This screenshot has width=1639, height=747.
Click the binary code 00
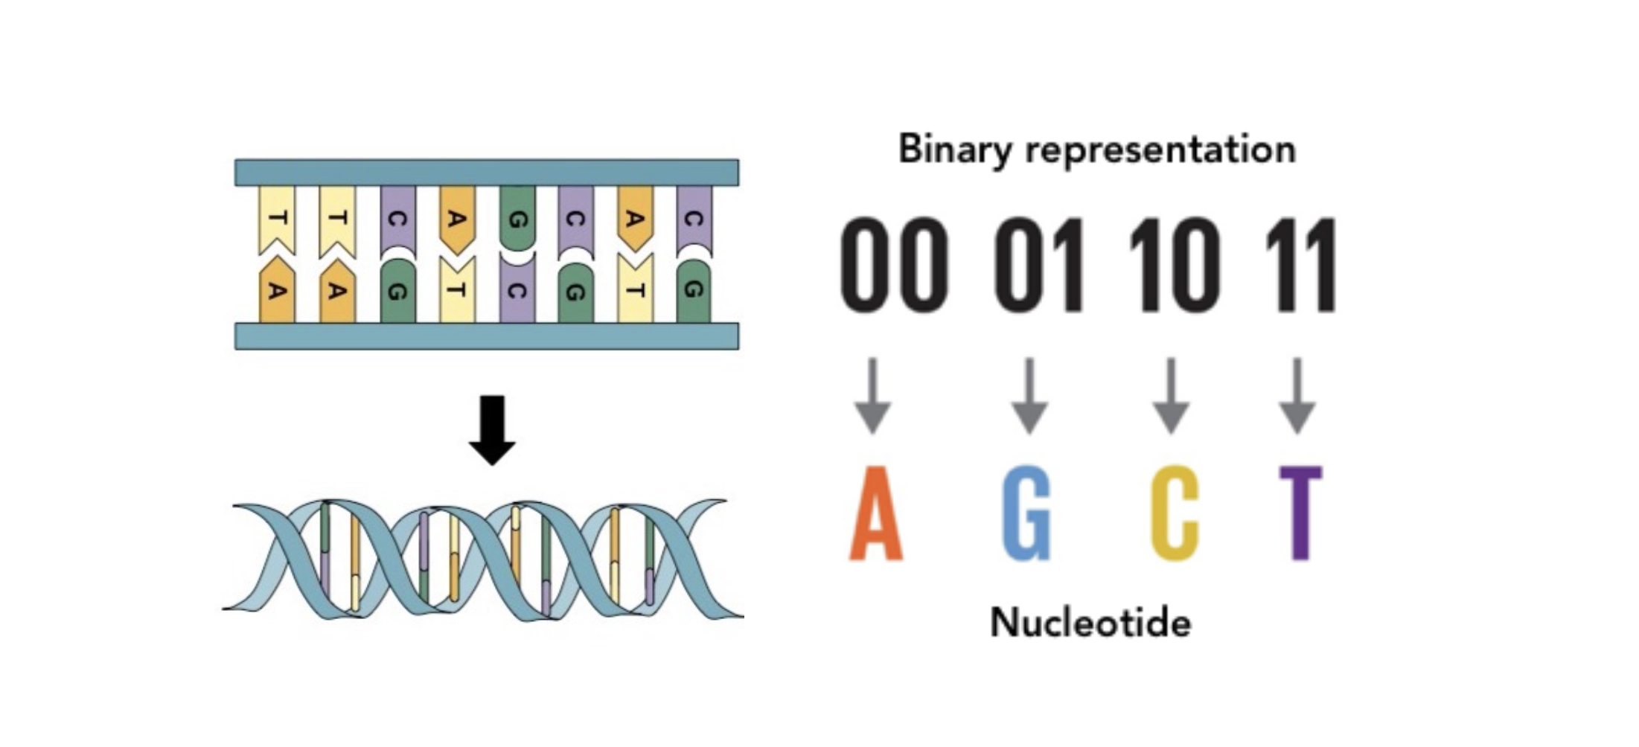click(895, 264)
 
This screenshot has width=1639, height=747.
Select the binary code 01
click(1039, 264)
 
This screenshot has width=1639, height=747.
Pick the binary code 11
click(1300, 264)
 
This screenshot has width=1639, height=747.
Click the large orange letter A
click(876, 513)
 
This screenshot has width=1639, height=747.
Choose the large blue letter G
click(1028, 513)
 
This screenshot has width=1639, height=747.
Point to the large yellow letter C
click(1175, 513)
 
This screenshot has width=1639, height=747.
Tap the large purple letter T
click(1300, 513)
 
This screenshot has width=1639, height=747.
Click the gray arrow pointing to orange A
click(873, 396)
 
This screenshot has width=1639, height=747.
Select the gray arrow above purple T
click(1297, 396)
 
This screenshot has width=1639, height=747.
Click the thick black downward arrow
click(492, 430)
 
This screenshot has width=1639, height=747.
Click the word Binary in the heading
click(955, 150)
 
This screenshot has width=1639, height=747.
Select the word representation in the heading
click(1161, 150)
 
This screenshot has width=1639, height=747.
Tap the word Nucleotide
click(1090, 622)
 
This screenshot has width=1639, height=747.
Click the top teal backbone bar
click(487, 173)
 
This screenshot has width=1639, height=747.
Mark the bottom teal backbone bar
click(487, 336)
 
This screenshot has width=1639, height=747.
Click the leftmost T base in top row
click(277, 218)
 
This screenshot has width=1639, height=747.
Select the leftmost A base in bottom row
click(277, 291)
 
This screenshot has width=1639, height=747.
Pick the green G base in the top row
click(517, 218)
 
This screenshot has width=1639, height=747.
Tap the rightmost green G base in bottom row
click(694, 291)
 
